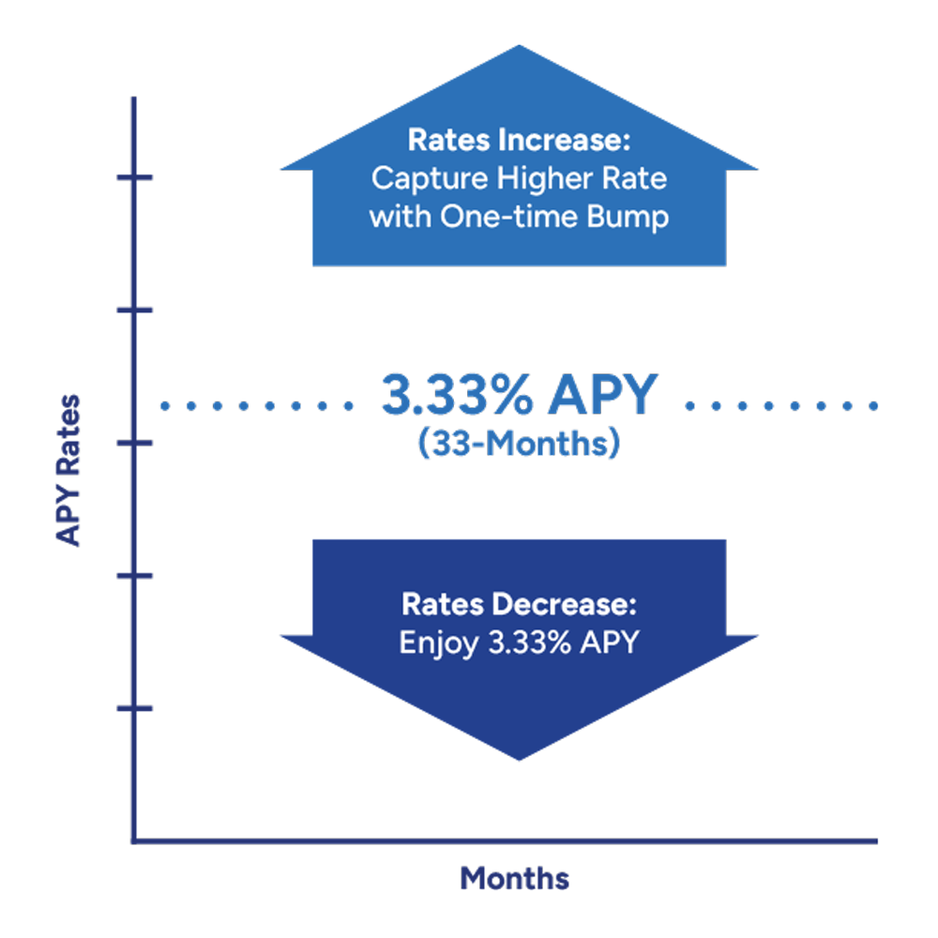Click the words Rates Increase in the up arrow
pyautogui.click(x=519, y=142)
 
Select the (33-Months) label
pyautogui.click(x=518, y=443)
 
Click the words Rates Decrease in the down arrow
pyautogui.click(x=519, y=603)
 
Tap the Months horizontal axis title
pyautogui.click(x=514, y=878)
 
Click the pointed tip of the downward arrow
pyautogui.click(x=519, y=756)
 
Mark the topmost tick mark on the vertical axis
pyautogui.click(x=134, y=177)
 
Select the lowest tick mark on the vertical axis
pyautogui.click(x=134, y=708)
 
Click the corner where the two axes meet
pyautogui.click(x=134, y=840)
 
